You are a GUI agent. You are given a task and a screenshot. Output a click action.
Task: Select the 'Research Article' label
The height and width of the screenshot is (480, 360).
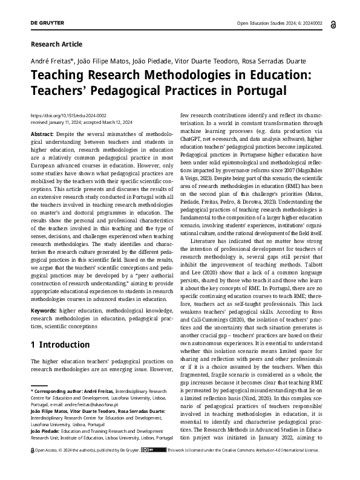point(56,44)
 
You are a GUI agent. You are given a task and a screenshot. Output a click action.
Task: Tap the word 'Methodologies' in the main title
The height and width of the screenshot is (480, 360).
point(203,75)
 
